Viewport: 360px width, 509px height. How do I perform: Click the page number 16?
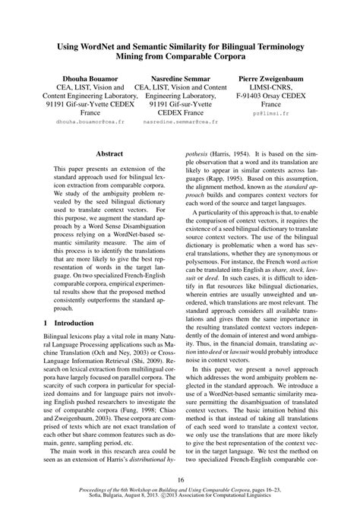180,479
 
